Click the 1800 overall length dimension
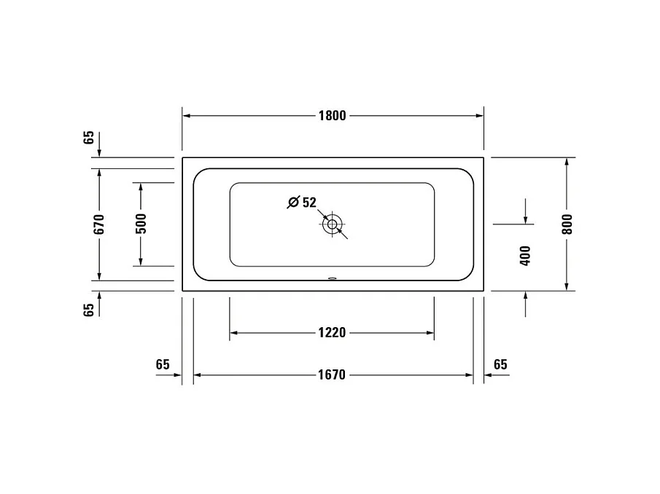[332, 115]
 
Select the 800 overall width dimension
[567, 223]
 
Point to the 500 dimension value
[141, 223]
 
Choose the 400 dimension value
[525, 255]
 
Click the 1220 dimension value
[332, 333]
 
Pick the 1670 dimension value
[332, 375]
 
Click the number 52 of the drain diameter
[309, 203]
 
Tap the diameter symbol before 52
[293, 203]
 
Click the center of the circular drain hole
[333, 224]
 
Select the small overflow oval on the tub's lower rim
[333, 278]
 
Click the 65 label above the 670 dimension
[89, 138]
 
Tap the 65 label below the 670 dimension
[89, 310]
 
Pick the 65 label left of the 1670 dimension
[163, 364]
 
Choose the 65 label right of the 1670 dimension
[500, 364]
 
